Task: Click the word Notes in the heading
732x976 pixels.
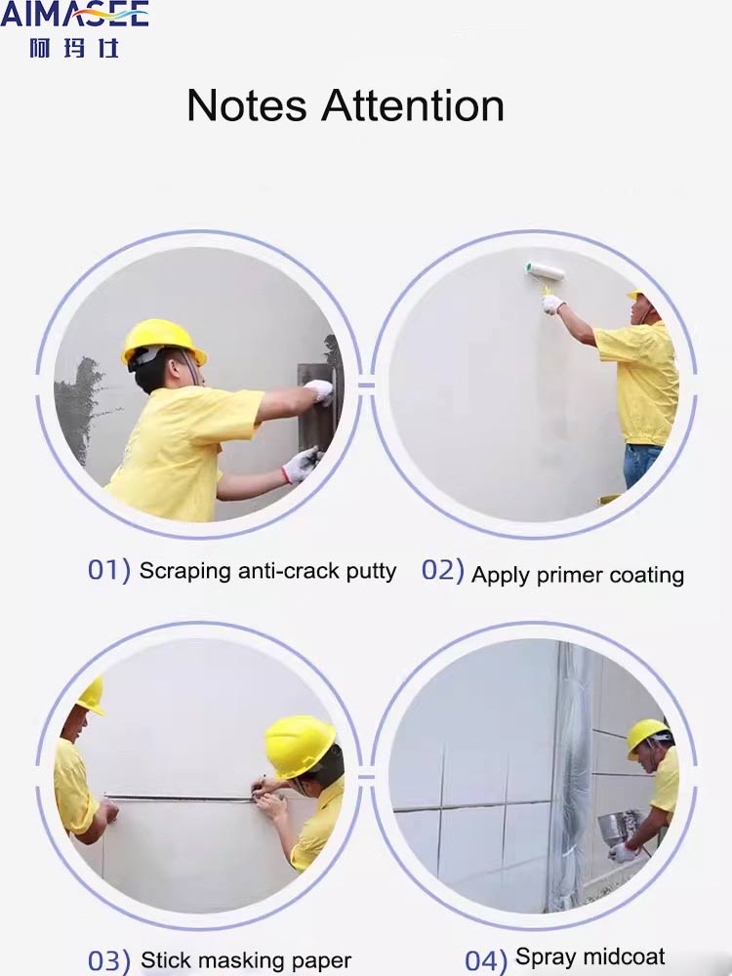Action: click(x=248, y=105)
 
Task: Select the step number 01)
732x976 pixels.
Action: click(x=108, y=570)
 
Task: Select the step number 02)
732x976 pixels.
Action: click(x=442, y=571)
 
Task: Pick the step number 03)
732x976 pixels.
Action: click(x=108, y=960)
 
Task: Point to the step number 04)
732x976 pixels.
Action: click(x=485, y=960)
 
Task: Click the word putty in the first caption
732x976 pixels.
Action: click(x=372, y=571)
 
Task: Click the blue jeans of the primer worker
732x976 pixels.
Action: click(x=641, y=465)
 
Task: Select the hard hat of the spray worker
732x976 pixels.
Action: click(x=647, y=734)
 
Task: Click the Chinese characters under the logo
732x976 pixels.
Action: click(x=74, y=47)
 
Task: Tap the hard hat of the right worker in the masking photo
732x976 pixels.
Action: click(x=300, y=745)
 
